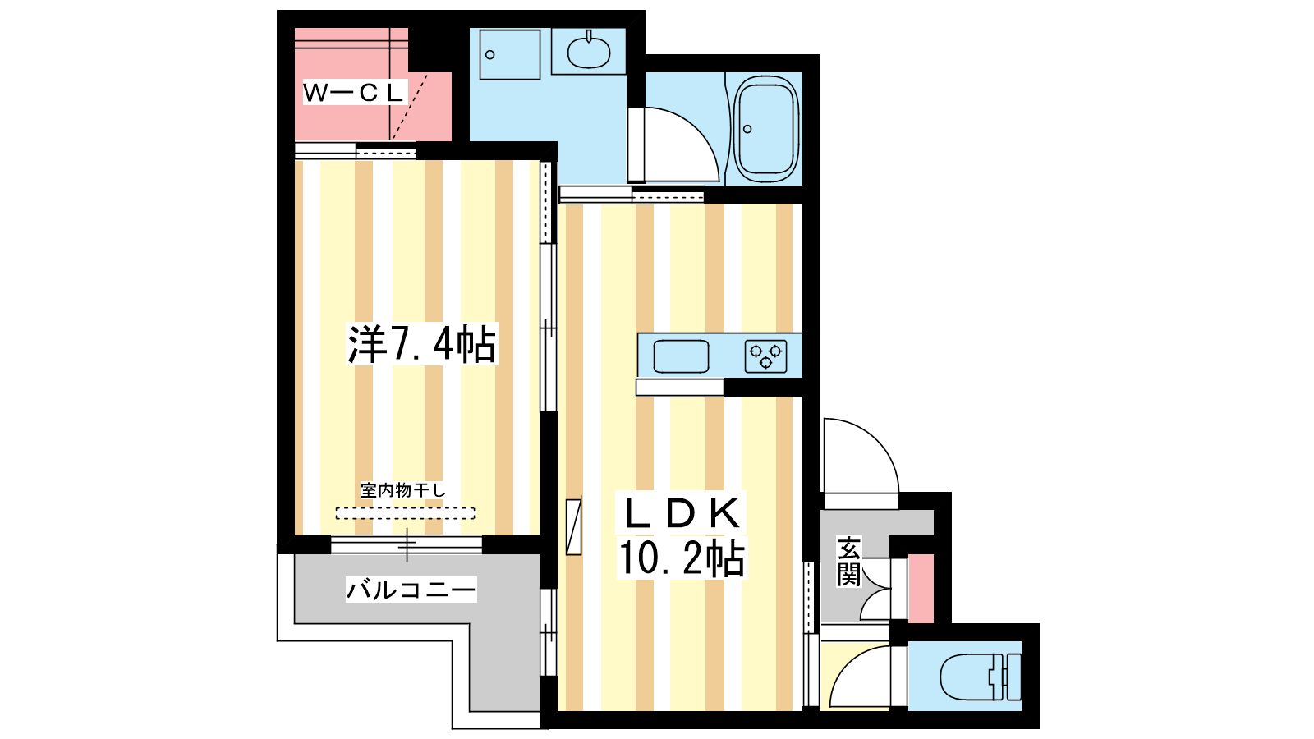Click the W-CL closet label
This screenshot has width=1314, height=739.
[x=354, y=92]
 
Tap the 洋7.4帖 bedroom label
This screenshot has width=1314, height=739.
[x=422, y=344]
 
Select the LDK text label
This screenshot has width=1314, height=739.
[x=682, y=513]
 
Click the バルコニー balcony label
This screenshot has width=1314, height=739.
[x=411, y=590]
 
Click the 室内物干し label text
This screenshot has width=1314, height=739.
[x=403, y=489]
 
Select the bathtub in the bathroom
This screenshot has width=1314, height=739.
[x=766, y=129]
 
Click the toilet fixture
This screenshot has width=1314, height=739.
[x=981, y=677]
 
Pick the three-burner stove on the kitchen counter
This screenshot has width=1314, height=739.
[x=765, y=356]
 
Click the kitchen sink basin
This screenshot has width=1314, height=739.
[x=681, y=356]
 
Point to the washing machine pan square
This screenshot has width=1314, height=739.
[x=510, y=54]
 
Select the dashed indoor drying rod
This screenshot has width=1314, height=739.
[x=406, y=513]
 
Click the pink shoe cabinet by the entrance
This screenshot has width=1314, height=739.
[x=921, y=588]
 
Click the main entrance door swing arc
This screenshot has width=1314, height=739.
[x=861, y=456]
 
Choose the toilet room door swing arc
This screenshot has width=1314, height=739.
[x=860, y=677]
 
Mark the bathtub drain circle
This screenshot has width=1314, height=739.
[x=747, y=129]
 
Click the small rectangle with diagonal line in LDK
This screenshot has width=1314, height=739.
[x=574, y=526]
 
